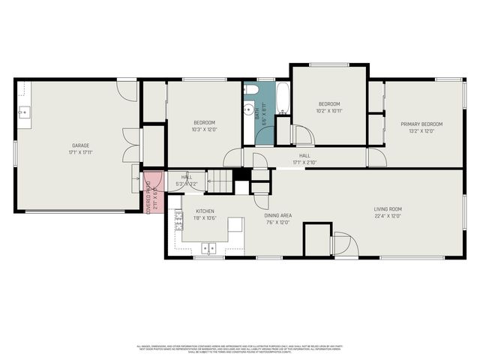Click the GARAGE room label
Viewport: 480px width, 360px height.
coord(80,145)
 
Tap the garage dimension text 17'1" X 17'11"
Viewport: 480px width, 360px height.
coord(80,152)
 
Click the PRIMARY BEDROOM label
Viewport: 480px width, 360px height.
coord(421,124)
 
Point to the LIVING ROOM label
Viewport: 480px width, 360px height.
coord(388,209)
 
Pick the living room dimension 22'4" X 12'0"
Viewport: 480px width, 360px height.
coord(388,216)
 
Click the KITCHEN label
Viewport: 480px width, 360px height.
coord(195,211)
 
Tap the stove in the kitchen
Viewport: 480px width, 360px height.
coord(178,220)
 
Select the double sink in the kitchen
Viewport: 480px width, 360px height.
coord(208,247)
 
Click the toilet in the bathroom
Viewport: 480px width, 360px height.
coord(251,91)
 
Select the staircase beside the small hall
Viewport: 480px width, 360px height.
coord(219,180)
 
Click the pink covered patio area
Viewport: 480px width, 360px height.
coord(152,192)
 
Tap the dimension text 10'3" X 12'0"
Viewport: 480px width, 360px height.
coord(204,130)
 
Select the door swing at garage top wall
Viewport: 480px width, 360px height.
coord(127,90)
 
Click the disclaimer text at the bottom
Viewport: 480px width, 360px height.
coord(240,349)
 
